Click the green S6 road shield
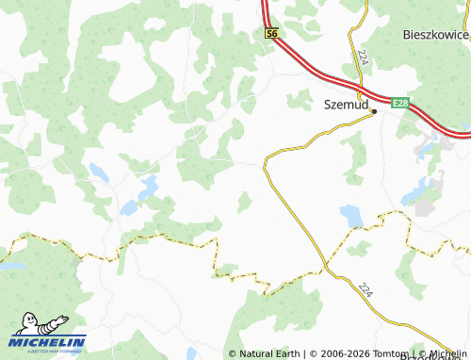[271, 34]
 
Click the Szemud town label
[346, 106]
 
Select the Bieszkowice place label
[435, 35]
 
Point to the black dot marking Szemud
[374, 112]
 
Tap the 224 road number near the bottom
[366, 294]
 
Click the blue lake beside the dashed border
[353, 218]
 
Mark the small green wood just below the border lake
[359, 248]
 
